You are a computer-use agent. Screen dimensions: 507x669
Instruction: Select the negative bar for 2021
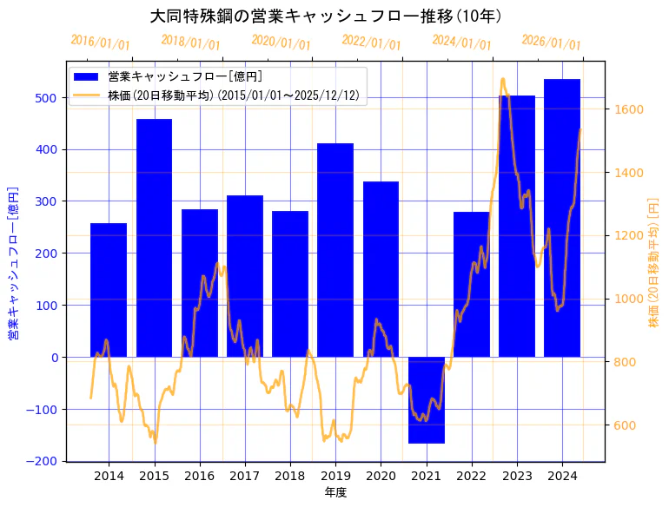coord(427,400)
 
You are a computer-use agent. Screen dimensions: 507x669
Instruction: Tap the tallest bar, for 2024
coord(562,218)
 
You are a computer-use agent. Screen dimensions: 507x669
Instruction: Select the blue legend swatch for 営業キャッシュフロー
coord(86,77)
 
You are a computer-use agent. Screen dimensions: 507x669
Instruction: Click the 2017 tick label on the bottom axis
coord(245,476)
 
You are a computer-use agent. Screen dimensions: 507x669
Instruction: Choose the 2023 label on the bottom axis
coord(517,476)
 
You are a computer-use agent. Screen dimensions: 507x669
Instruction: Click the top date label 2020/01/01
coord(281,43)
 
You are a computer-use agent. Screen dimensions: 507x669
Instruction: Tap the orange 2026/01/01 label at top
coord(551,43)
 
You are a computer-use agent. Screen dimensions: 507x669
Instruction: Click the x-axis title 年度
coord(335,493)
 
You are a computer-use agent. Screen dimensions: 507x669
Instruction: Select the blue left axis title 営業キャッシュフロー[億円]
coord(13,262)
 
